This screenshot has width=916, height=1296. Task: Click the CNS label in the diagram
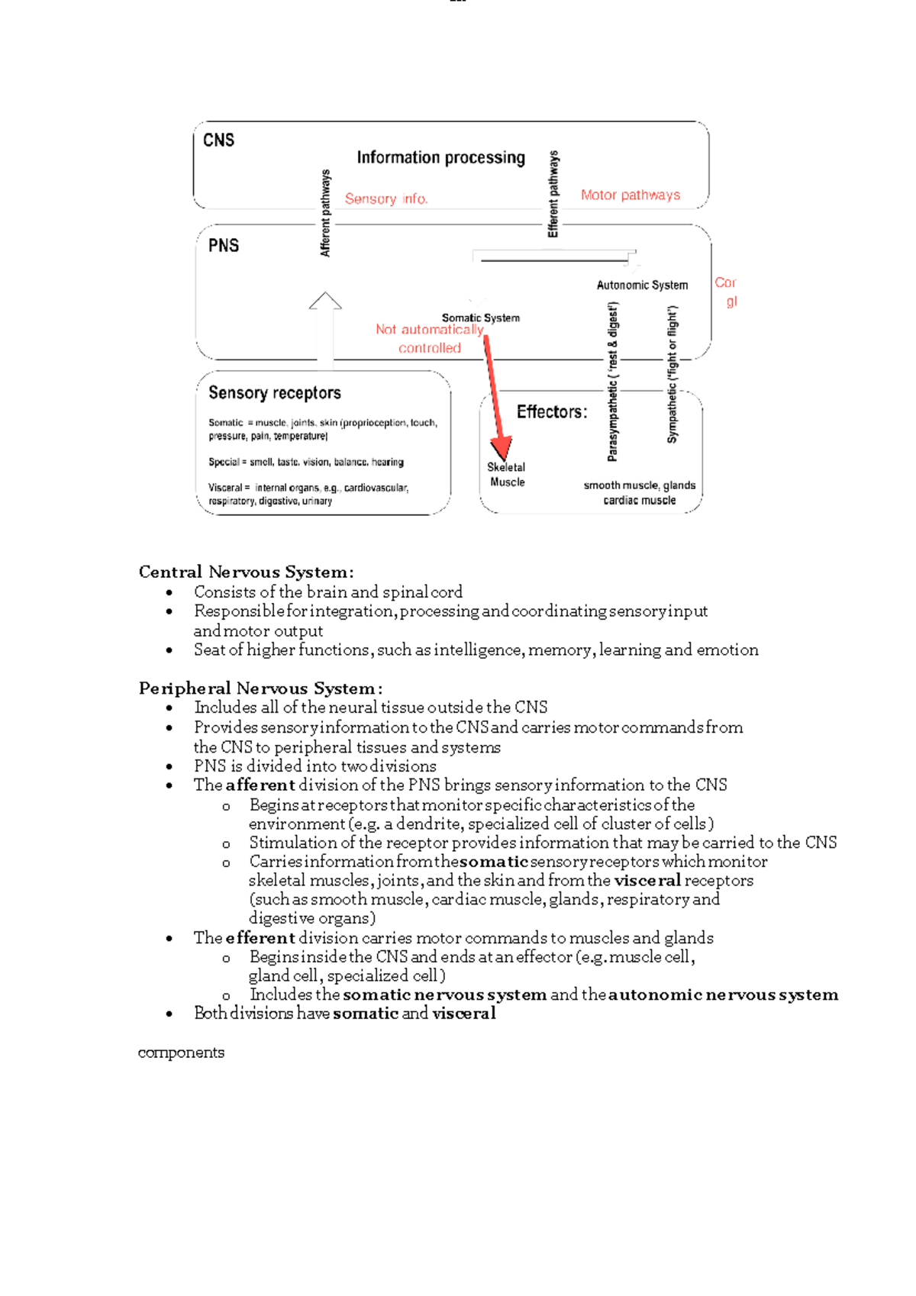(218, 140)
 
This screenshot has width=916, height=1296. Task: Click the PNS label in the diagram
(223, 246)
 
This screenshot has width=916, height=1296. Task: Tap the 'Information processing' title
(440, 158)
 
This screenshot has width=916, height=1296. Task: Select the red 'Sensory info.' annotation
(386, 199)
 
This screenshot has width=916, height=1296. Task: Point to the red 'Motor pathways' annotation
(630, 195)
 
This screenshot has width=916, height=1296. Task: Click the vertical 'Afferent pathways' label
(326, 213)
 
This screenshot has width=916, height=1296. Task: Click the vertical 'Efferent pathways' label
(553, 194)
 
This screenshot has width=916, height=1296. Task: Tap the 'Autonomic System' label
(642, 285)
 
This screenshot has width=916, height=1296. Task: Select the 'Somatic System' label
(480, 318)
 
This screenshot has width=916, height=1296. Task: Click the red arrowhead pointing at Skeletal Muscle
(501, 446)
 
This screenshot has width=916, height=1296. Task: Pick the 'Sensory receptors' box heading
(275, 393)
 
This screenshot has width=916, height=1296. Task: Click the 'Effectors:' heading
(552, 412)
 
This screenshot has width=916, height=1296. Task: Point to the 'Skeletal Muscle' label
(507, 475)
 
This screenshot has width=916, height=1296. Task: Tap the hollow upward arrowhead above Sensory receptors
(325, 301)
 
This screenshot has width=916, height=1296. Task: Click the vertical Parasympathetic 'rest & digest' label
(613, 382)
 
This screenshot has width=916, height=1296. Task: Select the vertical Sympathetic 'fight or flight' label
(672, 375)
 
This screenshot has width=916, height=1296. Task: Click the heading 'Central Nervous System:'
(246, 572)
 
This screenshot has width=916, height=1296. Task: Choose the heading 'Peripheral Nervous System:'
(260, 688)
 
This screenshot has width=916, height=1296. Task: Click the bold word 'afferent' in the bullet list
(260, 785)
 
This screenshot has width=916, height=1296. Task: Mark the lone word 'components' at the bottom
(181, 1053)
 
